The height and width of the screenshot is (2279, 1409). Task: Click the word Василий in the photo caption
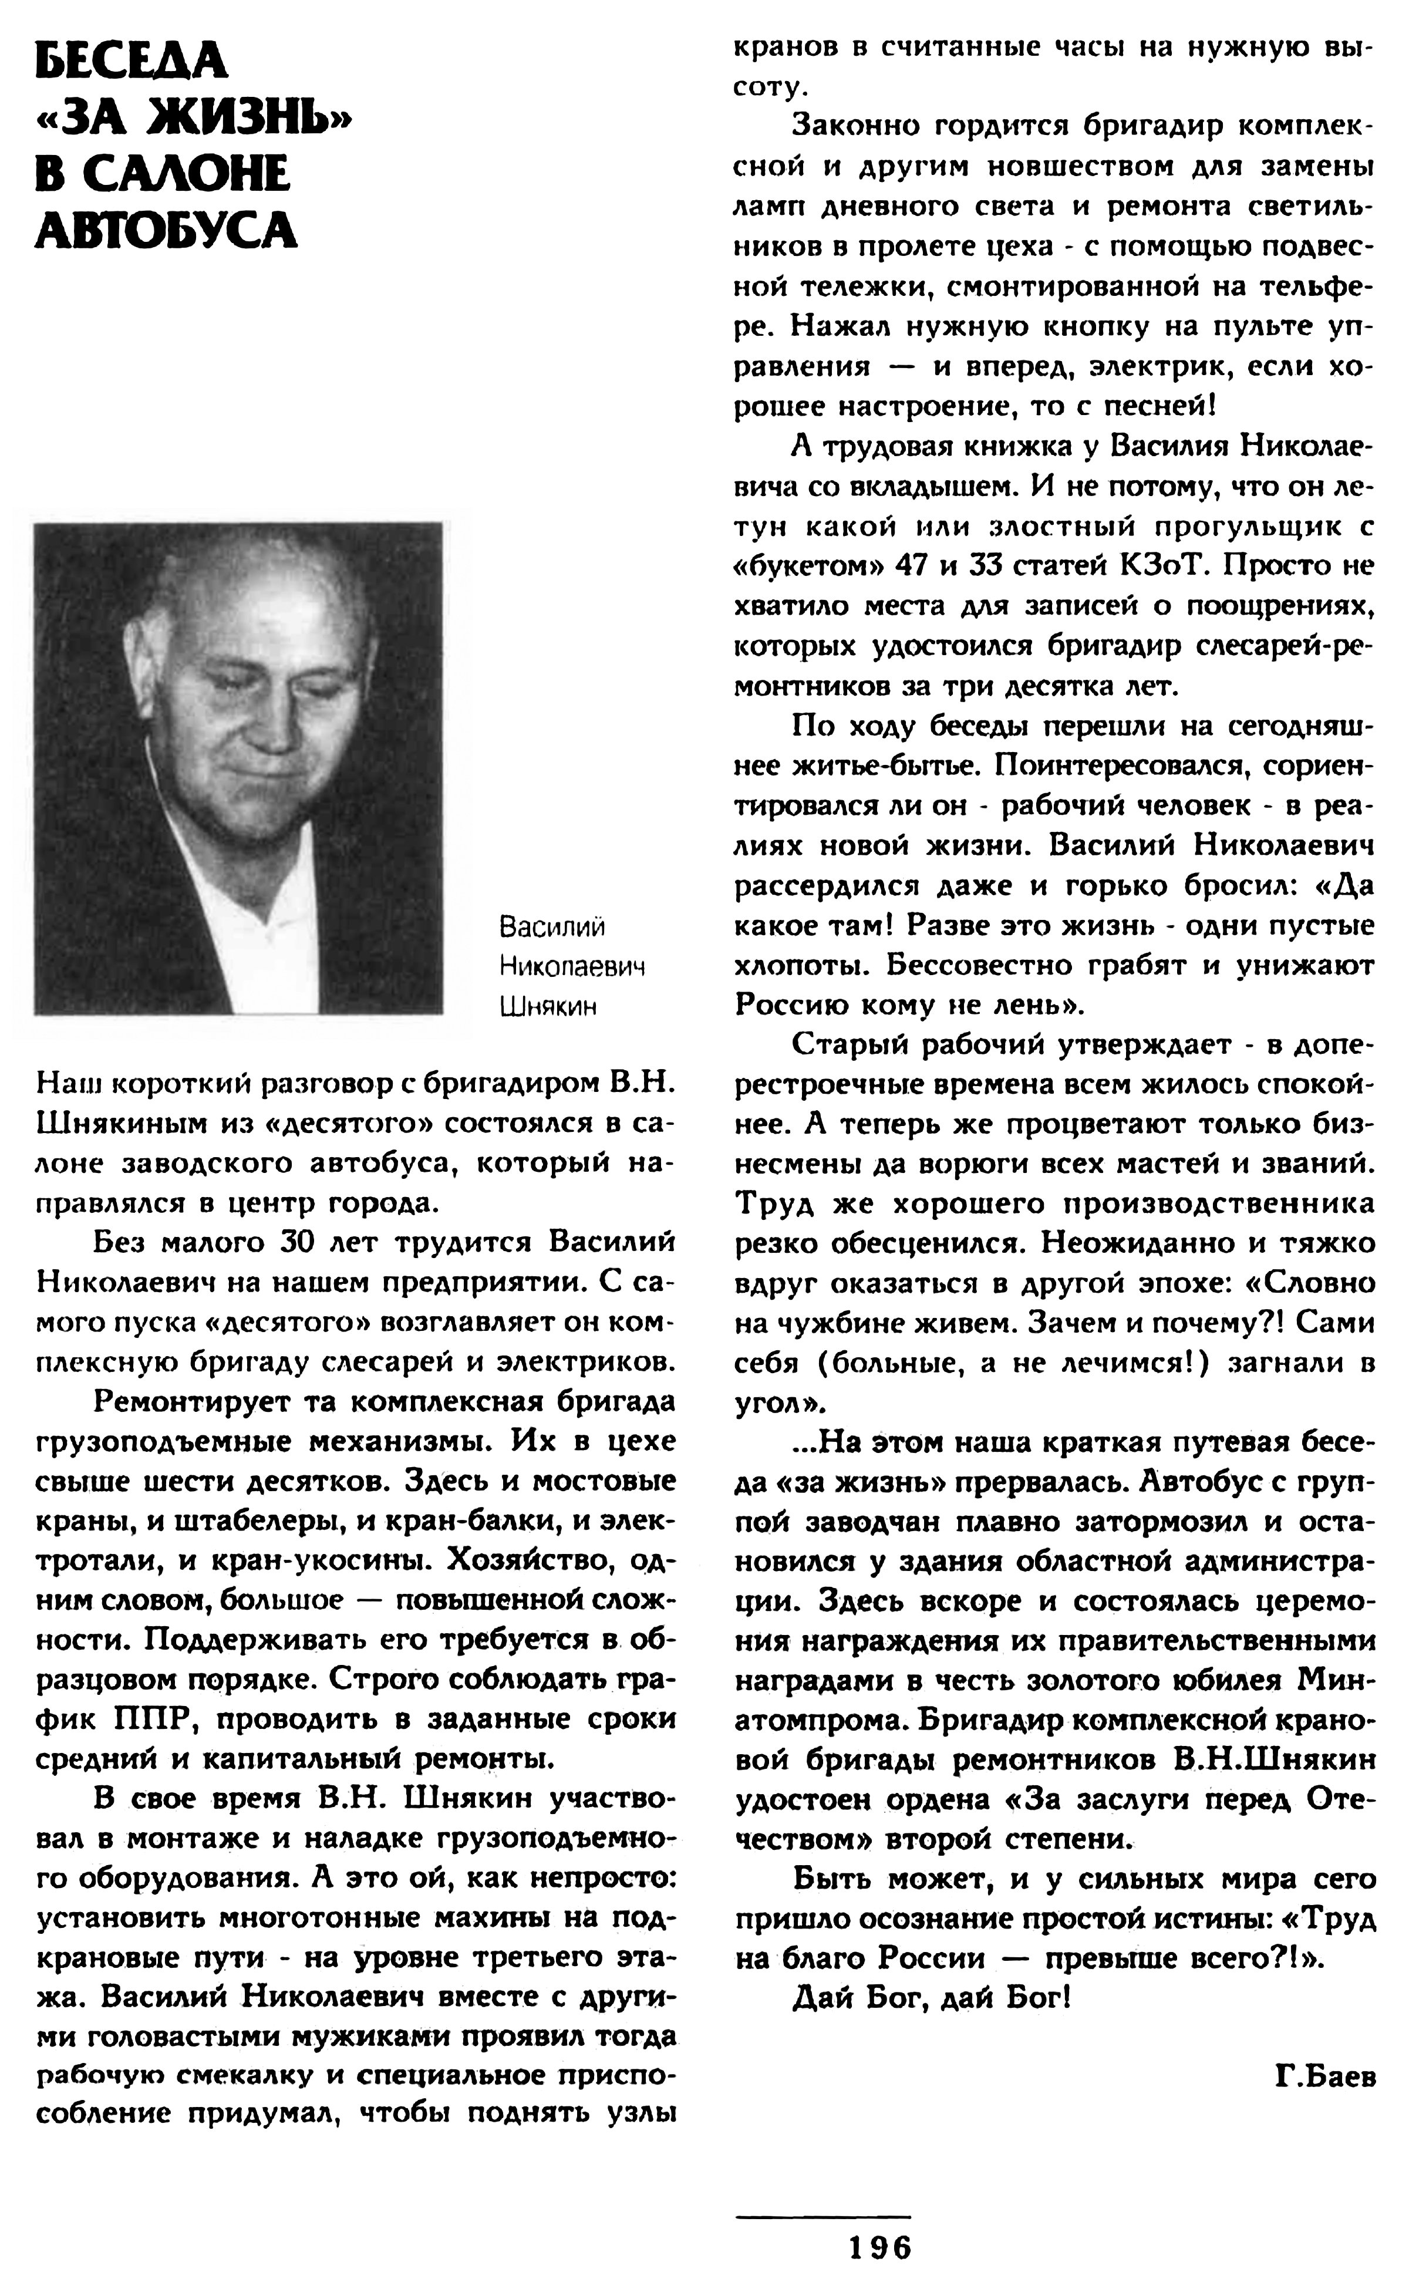pyautogui.click(x=552, y=927)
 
